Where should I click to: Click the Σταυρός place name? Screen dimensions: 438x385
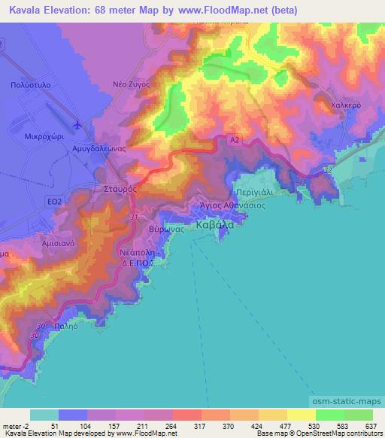tap(120, 191)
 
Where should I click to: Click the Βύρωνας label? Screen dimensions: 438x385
tap(163, 228)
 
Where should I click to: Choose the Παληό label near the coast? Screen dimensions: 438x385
tap(65, 327)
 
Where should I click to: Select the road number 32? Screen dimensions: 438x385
tap(326, 171)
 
